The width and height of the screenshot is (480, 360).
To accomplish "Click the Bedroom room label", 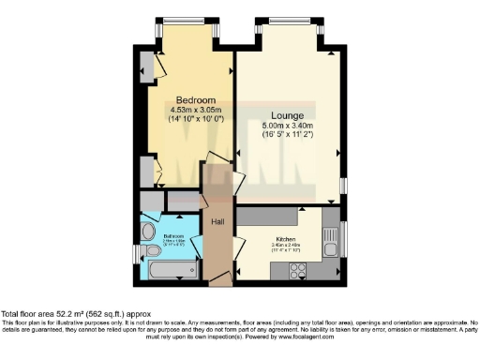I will tap(195, 100).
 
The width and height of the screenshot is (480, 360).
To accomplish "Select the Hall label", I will tap(217, 221).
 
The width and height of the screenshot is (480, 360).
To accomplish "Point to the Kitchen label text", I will tap(286, 239).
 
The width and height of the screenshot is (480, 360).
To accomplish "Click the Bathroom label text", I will tap(174, 236).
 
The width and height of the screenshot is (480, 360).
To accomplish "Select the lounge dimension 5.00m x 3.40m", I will tap(289, 126).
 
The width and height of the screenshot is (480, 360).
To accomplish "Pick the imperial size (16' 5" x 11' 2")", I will tap(289, 135).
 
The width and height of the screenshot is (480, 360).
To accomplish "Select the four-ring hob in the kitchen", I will tap(299, 271).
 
